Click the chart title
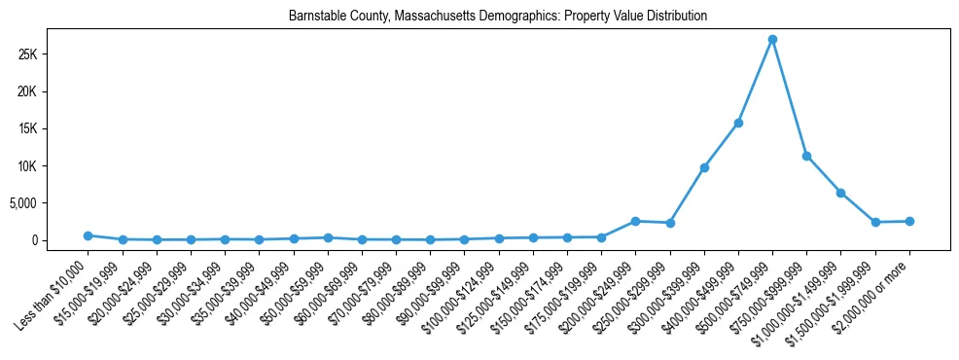click(498, 17)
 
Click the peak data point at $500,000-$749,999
click(772, 40)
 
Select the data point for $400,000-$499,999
click(738, 123)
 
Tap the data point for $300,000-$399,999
click(704, 167)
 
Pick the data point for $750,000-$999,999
click(806, 156)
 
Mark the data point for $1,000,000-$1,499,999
click(840, 193)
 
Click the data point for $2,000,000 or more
click(909, 221)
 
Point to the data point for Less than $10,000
click(88, 235)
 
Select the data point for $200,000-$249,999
click(635, 221)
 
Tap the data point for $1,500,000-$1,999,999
click(875, 222)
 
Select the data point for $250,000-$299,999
click(669, 223)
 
